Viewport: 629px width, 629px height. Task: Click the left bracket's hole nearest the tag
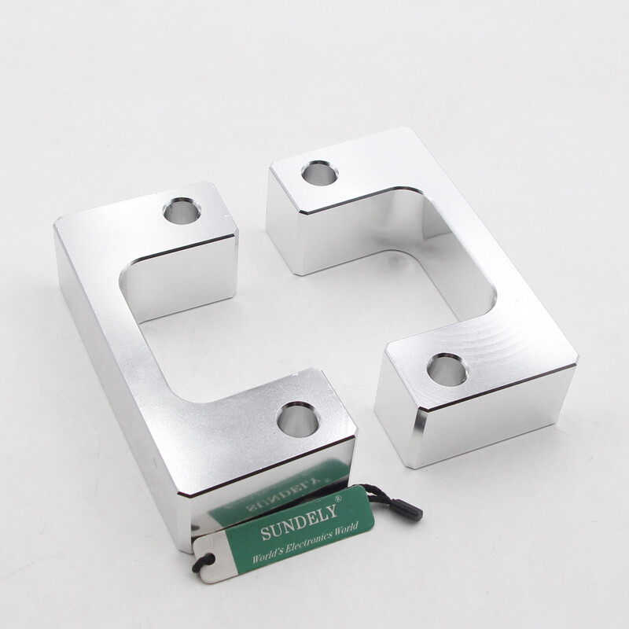(x=298, y=420)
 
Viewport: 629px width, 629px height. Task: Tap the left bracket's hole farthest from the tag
(x=182, y=210)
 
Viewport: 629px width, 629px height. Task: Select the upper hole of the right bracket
(x=319, y=173)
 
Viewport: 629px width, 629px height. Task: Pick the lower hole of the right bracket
(x=447, y=370)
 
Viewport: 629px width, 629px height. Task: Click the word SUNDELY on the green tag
(x=299, y=521)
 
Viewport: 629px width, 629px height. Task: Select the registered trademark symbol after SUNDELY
(x=338, y=499)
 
